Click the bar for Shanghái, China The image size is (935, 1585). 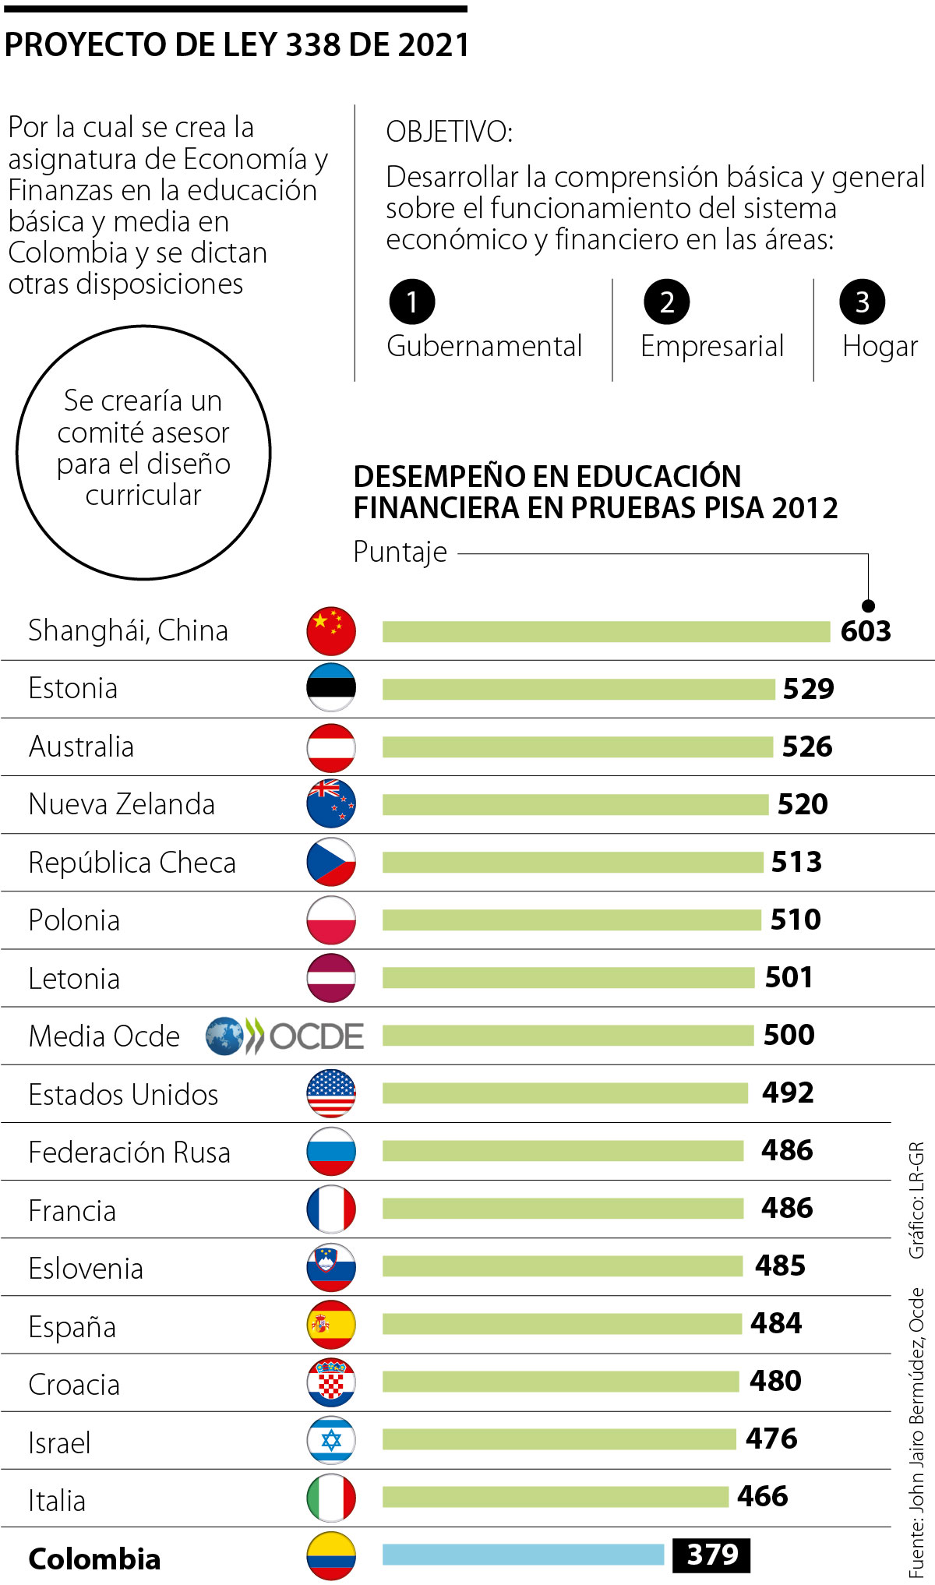605,631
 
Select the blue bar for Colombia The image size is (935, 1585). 523,1555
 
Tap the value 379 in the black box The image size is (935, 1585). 711,1555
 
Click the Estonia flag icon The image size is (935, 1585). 331,688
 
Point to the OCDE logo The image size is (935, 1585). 285,1036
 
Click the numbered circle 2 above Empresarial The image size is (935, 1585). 666,302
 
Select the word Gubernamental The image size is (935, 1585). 484,346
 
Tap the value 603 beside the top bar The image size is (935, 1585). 865,631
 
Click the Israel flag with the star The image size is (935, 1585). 331,1440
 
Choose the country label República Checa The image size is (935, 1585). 132,863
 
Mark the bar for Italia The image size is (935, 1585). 555,1496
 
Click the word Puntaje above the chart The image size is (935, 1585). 400,552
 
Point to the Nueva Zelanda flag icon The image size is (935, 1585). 331,803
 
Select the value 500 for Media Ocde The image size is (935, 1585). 789,1035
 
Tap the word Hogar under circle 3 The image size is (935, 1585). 880,346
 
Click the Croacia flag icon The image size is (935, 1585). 331,1382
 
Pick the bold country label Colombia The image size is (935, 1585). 94,1559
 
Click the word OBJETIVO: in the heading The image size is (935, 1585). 449,132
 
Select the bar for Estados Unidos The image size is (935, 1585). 565,1093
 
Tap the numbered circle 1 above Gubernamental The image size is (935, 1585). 411,302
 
